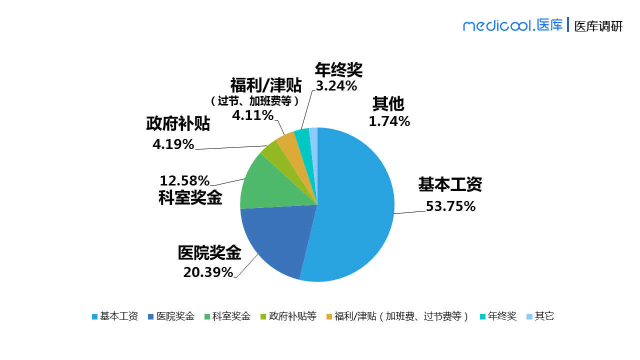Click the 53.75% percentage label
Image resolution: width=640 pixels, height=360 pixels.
(450, 206)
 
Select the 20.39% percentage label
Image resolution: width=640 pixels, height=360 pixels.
(208, 272)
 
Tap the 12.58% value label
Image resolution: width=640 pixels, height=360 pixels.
(184, 180)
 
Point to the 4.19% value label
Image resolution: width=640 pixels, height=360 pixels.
(173, 144)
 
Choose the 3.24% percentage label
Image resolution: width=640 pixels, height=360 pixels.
(336, 86)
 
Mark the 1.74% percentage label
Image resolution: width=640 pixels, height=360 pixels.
(389, 121)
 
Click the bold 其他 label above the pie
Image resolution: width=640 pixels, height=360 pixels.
(388, 104)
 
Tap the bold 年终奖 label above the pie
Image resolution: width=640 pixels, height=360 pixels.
(338, 70)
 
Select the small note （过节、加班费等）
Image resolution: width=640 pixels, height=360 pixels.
(255, 101)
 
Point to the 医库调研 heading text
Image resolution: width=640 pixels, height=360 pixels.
(598, 26)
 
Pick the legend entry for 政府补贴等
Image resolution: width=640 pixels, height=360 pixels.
(288, 316)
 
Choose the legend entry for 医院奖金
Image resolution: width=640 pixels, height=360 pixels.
(171, 316)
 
